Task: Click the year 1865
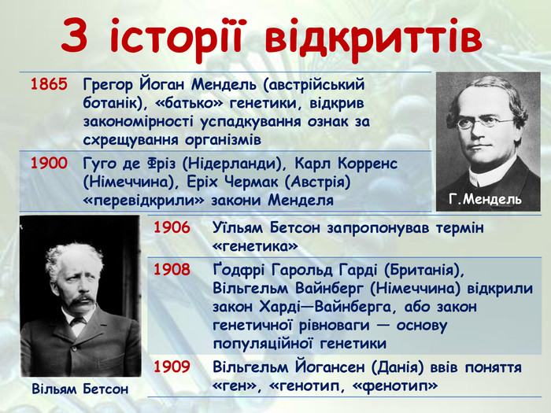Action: [x=49, y=84]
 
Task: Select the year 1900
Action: [x=49, y=164]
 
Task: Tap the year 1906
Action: [x=172, y=227]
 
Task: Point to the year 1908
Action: [x=172, y=270]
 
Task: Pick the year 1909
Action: [x=172, y=367]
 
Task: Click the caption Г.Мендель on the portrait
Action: [x=485, y=200]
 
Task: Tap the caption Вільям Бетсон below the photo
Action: [x=80, y=389]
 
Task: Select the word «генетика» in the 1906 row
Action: [x=255, y=246]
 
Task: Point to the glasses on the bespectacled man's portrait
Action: [x=486, y=122]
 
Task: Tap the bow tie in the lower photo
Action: [x=77, y=321]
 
